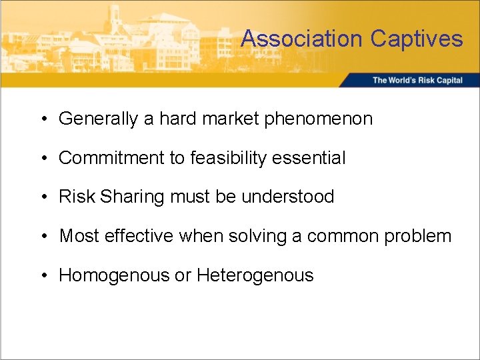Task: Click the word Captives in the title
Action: [x=416, y=39]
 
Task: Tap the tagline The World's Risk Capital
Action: [x=417, y=81]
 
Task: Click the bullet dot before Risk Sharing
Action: [x=43, y=197]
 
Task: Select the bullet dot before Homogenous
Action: [x=43, y=275]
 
